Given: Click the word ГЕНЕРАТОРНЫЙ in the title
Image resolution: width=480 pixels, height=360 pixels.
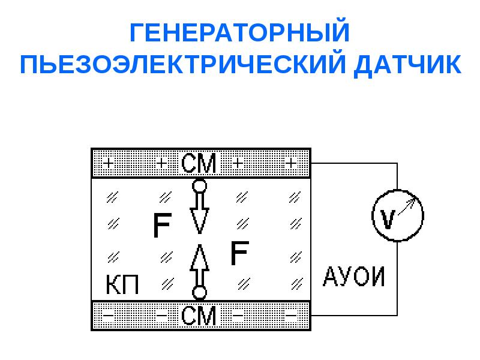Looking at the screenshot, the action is (x=239, y=32).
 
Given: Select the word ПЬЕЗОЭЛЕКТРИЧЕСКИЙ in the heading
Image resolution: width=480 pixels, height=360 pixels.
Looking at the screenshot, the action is (x=183, y=65).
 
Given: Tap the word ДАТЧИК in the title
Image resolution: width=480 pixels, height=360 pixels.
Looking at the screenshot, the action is (x=408, y=65).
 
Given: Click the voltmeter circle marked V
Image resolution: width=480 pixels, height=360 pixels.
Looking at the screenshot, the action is (x=398, y=215).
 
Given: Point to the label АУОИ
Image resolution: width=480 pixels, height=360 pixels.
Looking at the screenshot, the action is (x=353, y=277).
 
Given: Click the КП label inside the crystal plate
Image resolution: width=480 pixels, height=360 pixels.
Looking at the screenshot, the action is (x=122, y=284).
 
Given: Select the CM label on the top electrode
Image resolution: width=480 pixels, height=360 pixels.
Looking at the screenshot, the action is (x=199, y=163).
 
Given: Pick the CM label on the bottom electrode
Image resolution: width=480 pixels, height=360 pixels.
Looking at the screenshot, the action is (x=199, y=316).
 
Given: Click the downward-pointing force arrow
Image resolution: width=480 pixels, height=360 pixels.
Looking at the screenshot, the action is (x=200, y=213).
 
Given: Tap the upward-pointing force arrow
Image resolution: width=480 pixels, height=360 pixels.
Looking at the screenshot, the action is (x=200, y=266).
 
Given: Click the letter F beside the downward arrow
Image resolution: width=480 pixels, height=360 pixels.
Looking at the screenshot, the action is (x=162, y=226).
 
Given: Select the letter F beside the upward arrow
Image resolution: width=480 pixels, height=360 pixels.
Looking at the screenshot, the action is (x=239, y=253).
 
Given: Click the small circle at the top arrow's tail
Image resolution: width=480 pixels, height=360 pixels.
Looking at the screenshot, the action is (x=200, y=186).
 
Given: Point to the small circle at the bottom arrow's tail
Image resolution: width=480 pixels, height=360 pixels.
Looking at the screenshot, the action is (x=200, y=293).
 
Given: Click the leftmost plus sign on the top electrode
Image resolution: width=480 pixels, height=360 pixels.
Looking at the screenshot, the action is (x=108, y=163).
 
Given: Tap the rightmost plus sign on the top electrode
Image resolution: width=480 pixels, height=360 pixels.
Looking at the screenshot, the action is (x=291, y=163).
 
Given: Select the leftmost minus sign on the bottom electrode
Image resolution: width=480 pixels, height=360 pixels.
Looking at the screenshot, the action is (x=108, y=314).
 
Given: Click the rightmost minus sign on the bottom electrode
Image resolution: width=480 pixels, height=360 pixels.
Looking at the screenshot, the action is (x=291, y=314).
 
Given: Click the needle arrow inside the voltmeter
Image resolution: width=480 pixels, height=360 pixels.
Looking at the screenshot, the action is (x=407, y=206).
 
